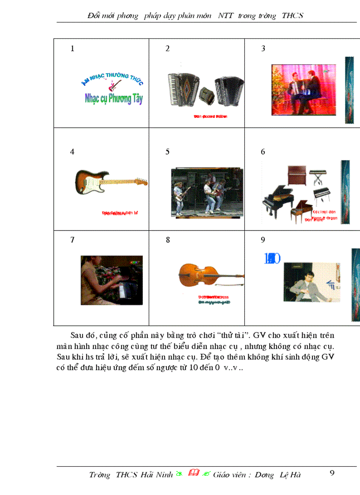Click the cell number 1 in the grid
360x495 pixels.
[72, 49]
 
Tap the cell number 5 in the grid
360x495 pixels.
[168, 152]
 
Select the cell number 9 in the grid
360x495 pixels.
[263, 240]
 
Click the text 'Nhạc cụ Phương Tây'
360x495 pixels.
[114, 98]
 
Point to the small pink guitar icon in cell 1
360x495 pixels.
[114, 85]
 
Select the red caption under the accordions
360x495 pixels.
[210, 116]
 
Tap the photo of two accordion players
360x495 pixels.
[304, 90]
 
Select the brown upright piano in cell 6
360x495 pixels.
[296, 175]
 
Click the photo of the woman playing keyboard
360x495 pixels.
[112, 280]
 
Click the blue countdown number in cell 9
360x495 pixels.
[272, 259]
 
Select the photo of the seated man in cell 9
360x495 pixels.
[311, 283]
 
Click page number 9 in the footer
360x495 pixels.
[332, 473]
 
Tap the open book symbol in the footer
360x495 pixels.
[193, 474]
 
